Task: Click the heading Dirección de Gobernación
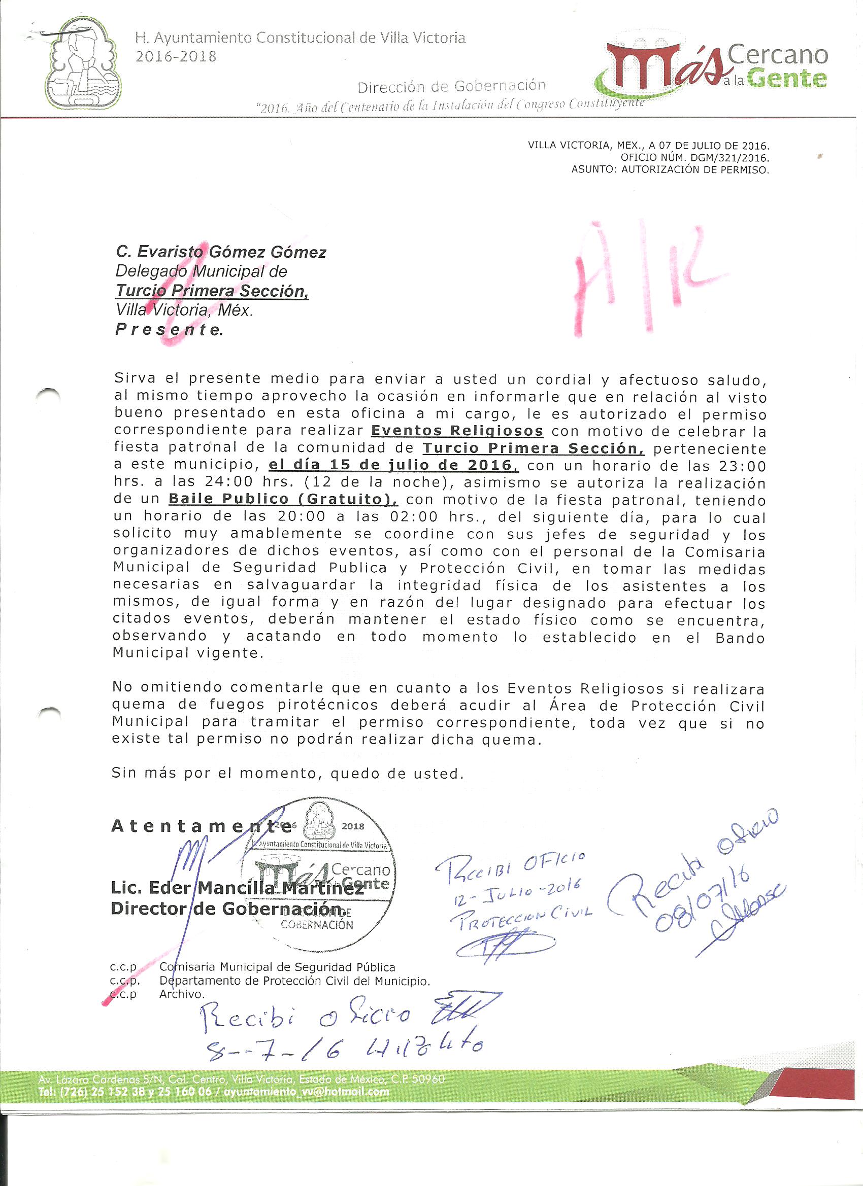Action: (452, 86)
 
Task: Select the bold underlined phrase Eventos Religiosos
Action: (457, 431)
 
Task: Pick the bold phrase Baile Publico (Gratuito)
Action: (283, 499)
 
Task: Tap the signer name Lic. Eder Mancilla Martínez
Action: (237, 888)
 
